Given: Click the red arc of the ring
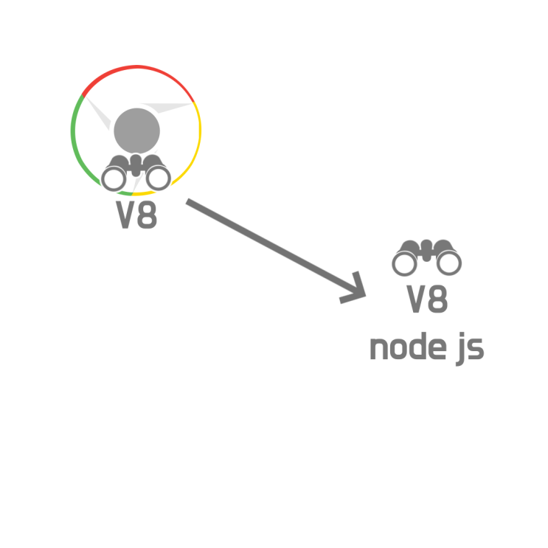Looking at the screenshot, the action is click(136, 67).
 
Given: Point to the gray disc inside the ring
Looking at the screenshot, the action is click(136, 131).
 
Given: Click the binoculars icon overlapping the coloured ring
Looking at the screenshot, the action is click(136, 173).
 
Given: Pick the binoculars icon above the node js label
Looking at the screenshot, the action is click(427, 257).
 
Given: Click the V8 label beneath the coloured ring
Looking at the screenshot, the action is click(136, 215).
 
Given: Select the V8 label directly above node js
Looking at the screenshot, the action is click(427, 299).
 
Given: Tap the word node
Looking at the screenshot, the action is click(408, 347).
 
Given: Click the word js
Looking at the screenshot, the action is click(471, 349).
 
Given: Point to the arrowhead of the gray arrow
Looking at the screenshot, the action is click(364, 296).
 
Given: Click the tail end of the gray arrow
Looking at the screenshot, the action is click(187, 202).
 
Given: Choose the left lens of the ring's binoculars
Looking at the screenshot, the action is click(114, 178).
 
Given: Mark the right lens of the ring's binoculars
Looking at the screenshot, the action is click(159, 178).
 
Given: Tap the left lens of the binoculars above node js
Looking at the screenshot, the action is click(404, 263).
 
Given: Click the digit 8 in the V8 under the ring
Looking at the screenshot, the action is click(147, 215).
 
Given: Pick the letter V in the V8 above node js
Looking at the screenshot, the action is click(416, 299).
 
